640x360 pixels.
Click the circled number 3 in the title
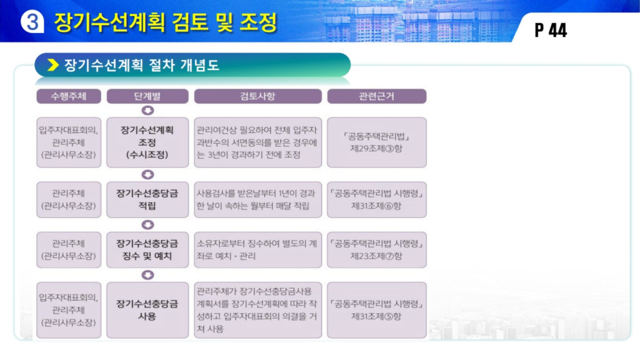pyautogui.click(x=32, y=21)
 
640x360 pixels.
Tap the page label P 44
pyautogui.click(x=551, y=30)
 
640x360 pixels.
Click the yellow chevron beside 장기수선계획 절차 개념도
pyautogui.click(x=53, y=65)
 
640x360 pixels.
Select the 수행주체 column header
pyautogui.click(x=69, y=96)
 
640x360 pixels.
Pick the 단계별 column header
pyautogui.click(x=147, y=96)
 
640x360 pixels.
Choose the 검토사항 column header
pyautogui.click(x=257, y=96)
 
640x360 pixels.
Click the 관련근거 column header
pyautogui.click(x=377, y=96)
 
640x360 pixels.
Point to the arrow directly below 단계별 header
pyautogui.click(x=147, y=111)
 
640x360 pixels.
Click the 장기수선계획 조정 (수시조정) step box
pyautogui.click(x=147, y=142)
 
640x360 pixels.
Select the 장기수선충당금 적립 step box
pyautogui.click(x=147, y=199)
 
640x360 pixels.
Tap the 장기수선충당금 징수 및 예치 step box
pyautogui.click(x=147, y=250)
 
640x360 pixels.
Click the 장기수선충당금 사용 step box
pyautogui.click(x=147, y=310)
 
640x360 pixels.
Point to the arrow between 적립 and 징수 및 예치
pyautogui.click(x=147, y=225)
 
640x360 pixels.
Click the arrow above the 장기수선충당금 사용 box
pyautogui.click(x=147, y=275)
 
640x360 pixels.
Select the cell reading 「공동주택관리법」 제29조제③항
pyautogui.click(x=377, y=142)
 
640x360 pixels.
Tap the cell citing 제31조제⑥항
pyautogui.click(x=377, y=199)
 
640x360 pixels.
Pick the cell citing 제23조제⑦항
pyautogui.click(x=377, y=250)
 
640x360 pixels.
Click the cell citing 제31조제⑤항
pyautogui.click(x=377, y=310)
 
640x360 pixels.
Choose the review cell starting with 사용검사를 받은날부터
pyautogui.click(x=257, y=199)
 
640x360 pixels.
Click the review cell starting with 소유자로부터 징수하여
pyautogui.click(x=257, y=250)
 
